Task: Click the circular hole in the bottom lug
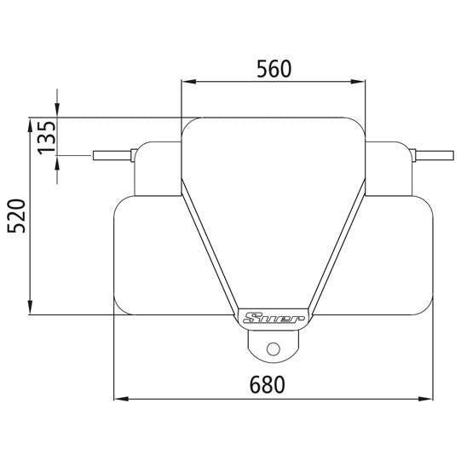coord(273,348)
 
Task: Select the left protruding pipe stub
coord(111,156)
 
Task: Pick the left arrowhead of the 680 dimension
coord(121,398)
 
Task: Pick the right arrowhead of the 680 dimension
coord(425,398)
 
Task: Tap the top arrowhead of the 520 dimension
coord(31,122)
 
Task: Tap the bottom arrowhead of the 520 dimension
coord(31,308)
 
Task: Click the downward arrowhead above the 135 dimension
coord(57,110)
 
